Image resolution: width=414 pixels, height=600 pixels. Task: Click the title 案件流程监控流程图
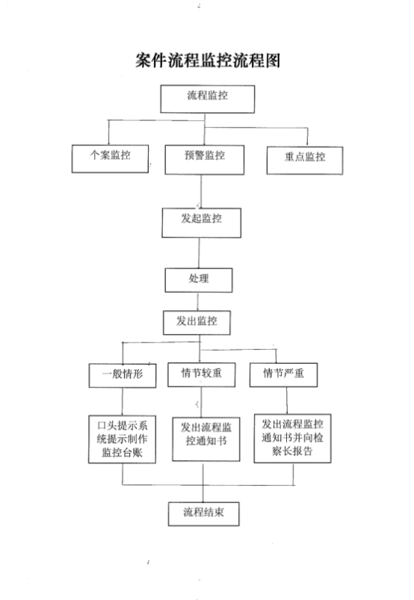click(208, 61)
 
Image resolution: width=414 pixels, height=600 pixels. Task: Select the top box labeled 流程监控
click(208, 99)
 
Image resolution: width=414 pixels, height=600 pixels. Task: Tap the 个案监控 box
click(110, 159)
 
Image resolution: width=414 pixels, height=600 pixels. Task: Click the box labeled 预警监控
click(205, 160)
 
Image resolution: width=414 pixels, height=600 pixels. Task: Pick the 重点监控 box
click(305, 161)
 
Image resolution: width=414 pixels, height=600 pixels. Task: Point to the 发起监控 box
click(202, 223)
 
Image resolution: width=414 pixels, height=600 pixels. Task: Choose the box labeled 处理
click(199, 280)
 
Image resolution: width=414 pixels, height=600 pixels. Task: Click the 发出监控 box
click(197, 323)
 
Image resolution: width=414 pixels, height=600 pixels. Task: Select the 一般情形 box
click(123, 375)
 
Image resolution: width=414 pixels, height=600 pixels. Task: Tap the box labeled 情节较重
click(201, 374)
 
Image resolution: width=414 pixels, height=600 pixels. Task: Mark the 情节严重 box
click(283, 374)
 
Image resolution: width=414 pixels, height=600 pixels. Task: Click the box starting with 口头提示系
click(122, 439)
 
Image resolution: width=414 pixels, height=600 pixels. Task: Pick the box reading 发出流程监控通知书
click(206, 439)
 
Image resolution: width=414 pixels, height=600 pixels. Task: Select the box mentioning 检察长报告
click(293, 439)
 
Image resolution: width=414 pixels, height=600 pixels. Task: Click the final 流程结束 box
click(203, 514)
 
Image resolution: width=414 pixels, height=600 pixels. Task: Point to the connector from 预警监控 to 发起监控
click(201, 191)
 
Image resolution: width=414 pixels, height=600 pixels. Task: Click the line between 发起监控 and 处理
click(199, 253)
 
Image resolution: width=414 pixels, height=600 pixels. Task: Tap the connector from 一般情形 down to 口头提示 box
click(123, 402)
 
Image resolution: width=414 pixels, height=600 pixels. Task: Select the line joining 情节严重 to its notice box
click(287, 400)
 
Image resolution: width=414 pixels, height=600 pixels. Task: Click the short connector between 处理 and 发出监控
click(198, 302)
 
